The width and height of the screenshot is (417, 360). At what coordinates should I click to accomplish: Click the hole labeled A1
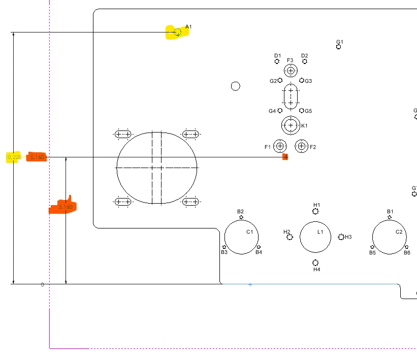[x=177, y=32]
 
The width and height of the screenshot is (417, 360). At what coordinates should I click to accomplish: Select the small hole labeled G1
[x=339, y=47]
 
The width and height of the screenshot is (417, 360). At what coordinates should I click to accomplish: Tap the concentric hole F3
[x=291, y=71]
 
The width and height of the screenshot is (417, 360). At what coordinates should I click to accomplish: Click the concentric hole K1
[x=291, y=124]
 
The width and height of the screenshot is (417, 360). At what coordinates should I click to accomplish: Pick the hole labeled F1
[x=280, y=147]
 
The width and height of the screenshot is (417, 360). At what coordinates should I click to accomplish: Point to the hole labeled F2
[x=301, y=147]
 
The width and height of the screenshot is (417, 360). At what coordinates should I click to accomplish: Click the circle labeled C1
[x=242, y=237]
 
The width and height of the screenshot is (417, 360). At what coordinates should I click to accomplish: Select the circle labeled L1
[x=315, y=237]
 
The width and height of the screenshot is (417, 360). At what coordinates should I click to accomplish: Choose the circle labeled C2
[x=389, y=237]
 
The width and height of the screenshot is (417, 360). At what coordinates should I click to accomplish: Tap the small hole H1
[x=315, y=211]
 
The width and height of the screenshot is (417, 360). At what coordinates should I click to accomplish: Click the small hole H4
[x=315, y=263]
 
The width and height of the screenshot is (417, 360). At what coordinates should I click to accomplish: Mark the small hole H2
[x=290, y=237]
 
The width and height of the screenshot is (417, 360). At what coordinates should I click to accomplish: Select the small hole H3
[x=341, y=237]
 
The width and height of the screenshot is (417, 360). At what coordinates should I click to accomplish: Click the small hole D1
[x=277, y=61]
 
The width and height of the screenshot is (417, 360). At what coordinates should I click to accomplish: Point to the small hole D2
[x=305, y=61]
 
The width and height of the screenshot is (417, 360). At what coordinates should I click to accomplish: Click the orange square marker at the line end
[x=285, y=157]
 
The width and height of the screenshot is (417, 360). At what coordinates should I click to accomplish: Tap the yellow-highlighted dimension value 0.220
[x=14, y=157]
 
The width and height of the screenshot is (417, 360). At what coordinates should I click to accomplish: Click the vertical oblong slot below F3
[x=291, y=96]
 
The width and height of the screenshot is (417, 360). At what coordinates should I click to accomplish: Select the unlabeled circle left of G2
[x=235, y=86]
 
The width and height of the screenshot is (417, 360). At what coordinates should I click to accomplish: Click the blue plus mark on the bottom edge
[x=250, y=285]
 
